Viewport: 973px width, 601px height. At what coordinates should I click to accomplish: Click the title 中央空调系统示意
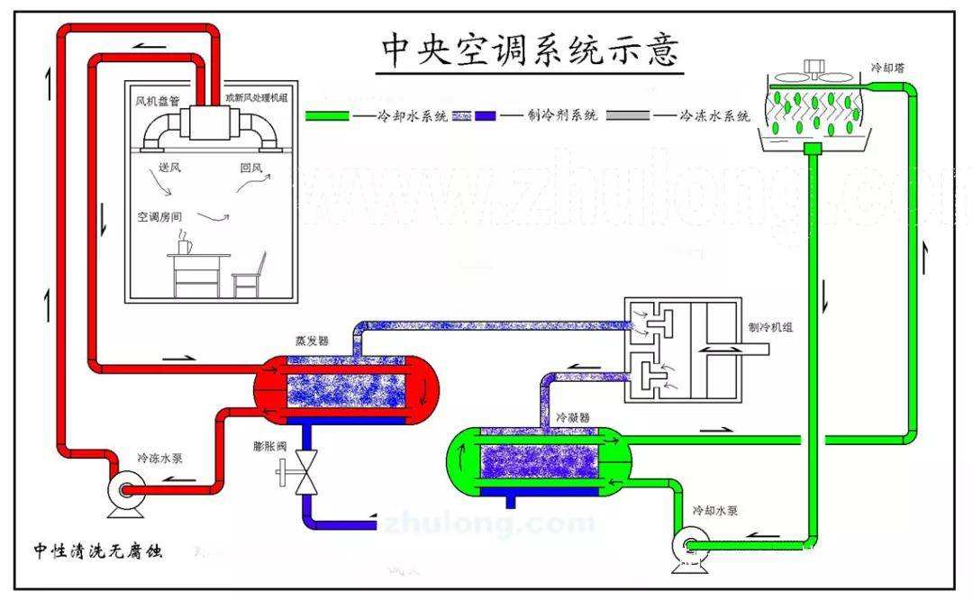pos(530,51)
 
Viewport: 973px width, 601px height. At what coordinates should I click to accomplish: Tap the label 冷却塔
pos(887,68)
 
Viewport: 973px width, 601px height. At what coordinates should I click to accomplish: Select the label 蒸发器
pos(311,341)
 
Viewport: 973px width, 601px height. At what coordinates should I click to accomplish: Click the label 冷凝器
pos(572,418)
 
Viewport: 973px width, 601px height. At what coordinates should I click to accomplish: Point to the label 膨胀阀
pos(271,446)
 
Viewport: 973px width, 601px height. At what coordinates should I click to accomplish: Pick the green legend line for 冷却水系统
pos(327,116)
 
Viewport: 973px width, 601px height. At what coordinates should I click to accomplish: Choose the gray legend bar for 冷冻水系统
pos(627,116)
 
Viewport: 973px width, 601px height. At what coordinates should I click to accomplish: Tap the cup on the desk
pos(184,244)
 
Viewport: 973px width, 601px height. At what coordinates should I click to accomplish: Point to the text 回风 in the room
pos(251,168)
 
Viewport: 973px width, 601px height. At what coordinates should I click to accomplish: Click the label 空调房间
pos(159,217)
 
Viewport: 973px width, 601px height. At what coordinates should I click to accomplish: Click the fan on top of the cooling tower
pos(815,68)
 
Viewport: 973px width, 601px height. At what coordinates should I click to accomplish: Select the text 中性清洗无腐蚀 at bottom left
pos(97,550)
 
